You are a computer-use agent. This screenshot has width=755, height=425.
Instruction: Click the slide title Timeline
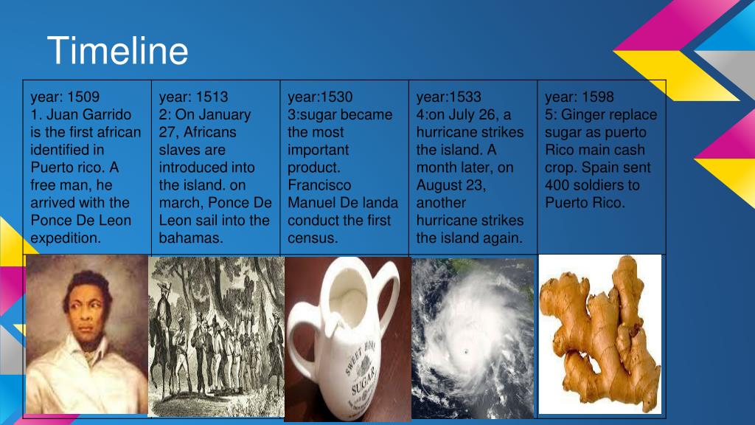[117, 51]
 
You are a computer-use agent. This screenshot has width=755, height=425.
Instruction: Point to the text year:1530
[320, 97]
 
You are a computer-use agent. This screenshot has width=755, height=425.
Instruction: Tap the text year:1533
[449, 97]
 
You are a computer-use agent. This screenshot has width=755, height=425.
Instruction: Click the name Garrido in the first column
[106, 114]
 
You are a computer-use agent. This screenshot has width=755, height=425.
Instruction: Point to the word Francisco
[319, 185]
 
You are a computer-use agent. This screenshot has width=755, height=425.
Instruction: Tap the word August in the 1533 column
[439, 185]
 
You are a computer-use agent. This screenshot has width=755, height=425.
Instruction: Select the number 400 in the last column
[558, 185]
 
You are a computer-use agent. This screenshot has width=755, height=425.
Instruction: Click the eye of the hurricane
[466, 352]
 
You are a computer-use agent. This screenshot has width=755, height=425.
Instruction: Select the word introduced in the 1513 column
[206, 167]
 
